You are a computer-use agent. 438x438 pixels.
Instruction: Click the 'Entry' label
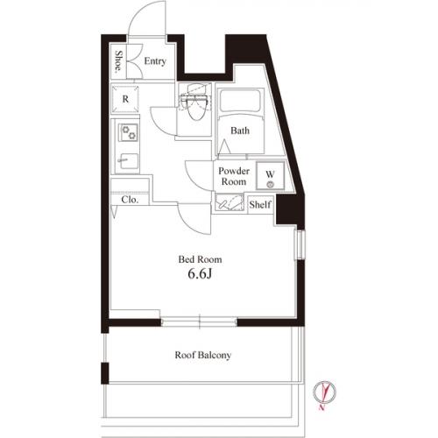click(x=155, y=61)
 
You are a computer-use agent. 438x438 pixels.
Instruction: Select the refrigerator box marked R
click(x=126, y=99)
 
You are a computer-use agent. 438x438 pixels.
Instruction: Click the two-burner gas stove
click(x=129, y=132)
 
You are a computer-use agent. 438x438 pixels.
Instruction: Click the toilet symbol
click(x=193, y=105)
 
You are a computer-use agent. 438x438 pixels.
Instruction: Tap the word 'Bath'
click(x=240, y=131)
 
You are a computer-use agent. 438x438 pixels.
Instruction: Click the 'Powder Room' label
click(x=233, y=175)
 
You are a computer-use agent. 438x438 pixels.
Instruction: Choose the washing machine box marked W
click(x=271, y=175)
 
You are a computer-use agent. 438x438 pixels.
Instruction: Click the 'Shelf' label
click(x=260, y=205)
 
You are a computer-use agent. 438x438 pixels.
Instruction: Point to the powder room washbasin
click(x=230, y=204)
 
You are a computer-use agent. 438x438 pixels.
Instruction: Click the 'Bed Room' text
click(x=200, y=259)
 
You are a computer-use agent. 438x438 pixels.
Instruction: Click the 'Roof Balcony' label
click(x=202, y=356)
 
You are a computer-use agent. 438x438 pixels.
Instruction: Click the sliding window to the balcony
click(x=200, y=321)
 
